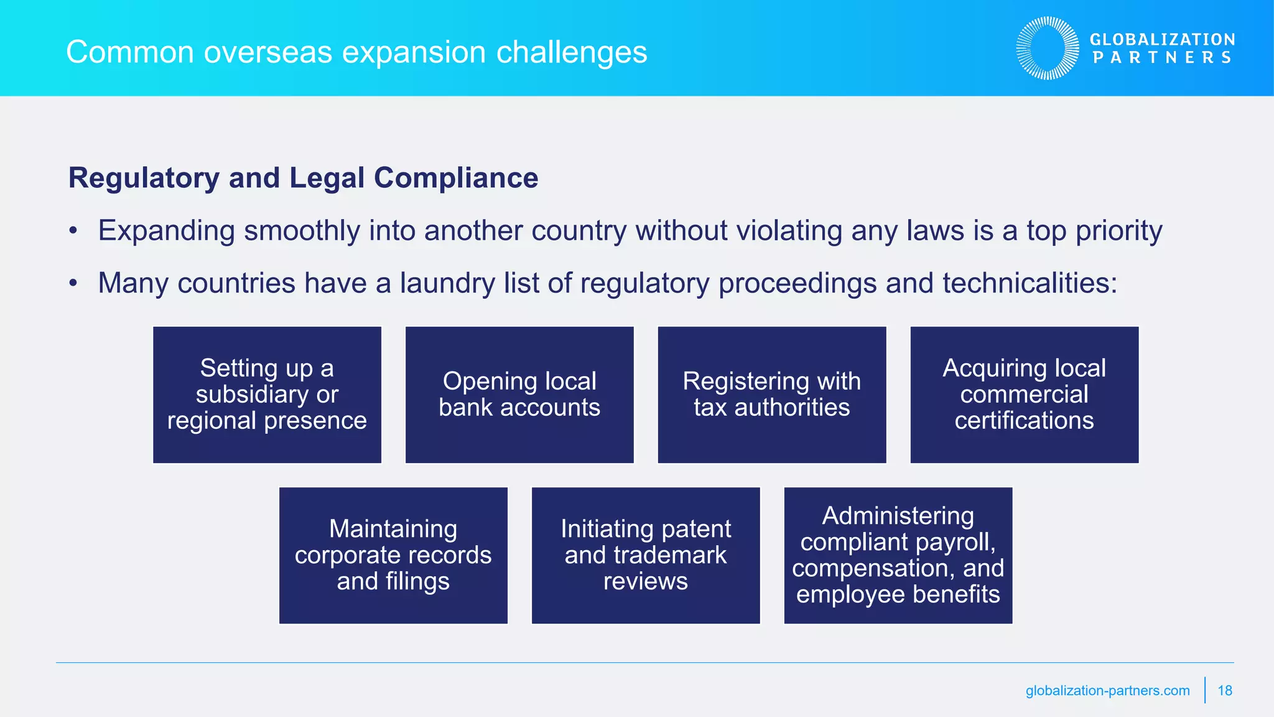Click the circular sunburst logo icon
pyautogui.click(x=1048, y=48)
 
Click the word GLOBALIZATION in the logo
pyautogui.click(x=1162, y=40)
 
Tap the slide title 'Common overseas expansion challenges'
pyautogui.click(x=356, y=52)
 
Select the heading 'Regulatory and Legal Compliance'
pyautogui.click(x=303, y=178)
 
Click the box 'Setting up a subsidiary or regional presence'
pyautogui.click(x=267, y=395)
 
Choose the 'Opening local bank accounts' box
pyautogui.click(x=519, y=395)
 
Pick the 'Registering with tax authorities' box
pyautogui.click(x=771, y=395)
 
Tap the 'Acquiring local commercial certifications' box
pyautogui.click(x=1024, y=395)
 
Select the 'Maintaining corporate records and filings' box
pyautogui.click(x=393, y=555)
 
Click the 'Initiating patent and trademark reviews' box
pyautogui.click(x=646, y=555)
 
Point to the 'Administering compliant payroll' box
pyautogui.click(x=898, y=555)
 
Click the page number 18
pyautogui.click(x=1225, y=690)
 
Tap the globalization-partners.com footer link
pyautogui.click(x=1107, y=690)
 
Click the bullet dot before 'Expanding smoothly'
pyautogui.click(x=73, y=232)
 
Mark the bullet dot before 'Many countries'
pyautogui.click(x=73, y=284)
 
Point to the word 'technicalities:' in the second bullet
pyautogui.click(x=1030, y=284)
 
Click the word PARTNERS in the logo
pyautogui.click(x=1162, y=58)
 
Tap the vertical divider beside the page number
pyautogui.click(x=1205, y=690)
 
